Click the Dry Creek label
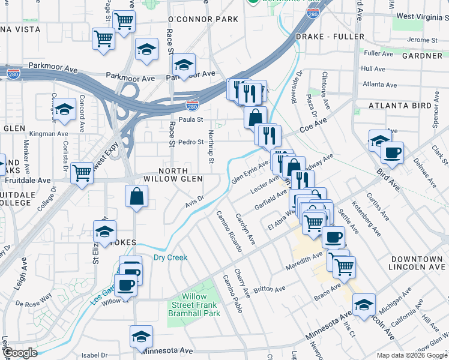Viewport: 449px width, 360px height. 170,257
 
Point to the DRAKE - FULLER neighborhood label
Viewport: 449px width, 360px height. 330,37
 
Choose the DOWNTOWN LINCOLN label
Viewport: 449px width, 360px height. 417,263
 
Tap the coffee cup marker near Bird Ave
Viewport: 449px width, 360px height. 392,153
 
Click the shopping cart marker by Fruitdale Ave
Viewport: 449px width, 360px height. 82,173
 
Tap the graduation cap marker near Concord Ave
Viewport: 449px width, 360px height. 64,109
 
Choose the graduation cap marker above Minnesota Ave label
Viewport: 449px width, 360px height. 141,337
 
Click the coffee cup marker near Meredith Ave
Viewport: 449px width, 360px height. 333,236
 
